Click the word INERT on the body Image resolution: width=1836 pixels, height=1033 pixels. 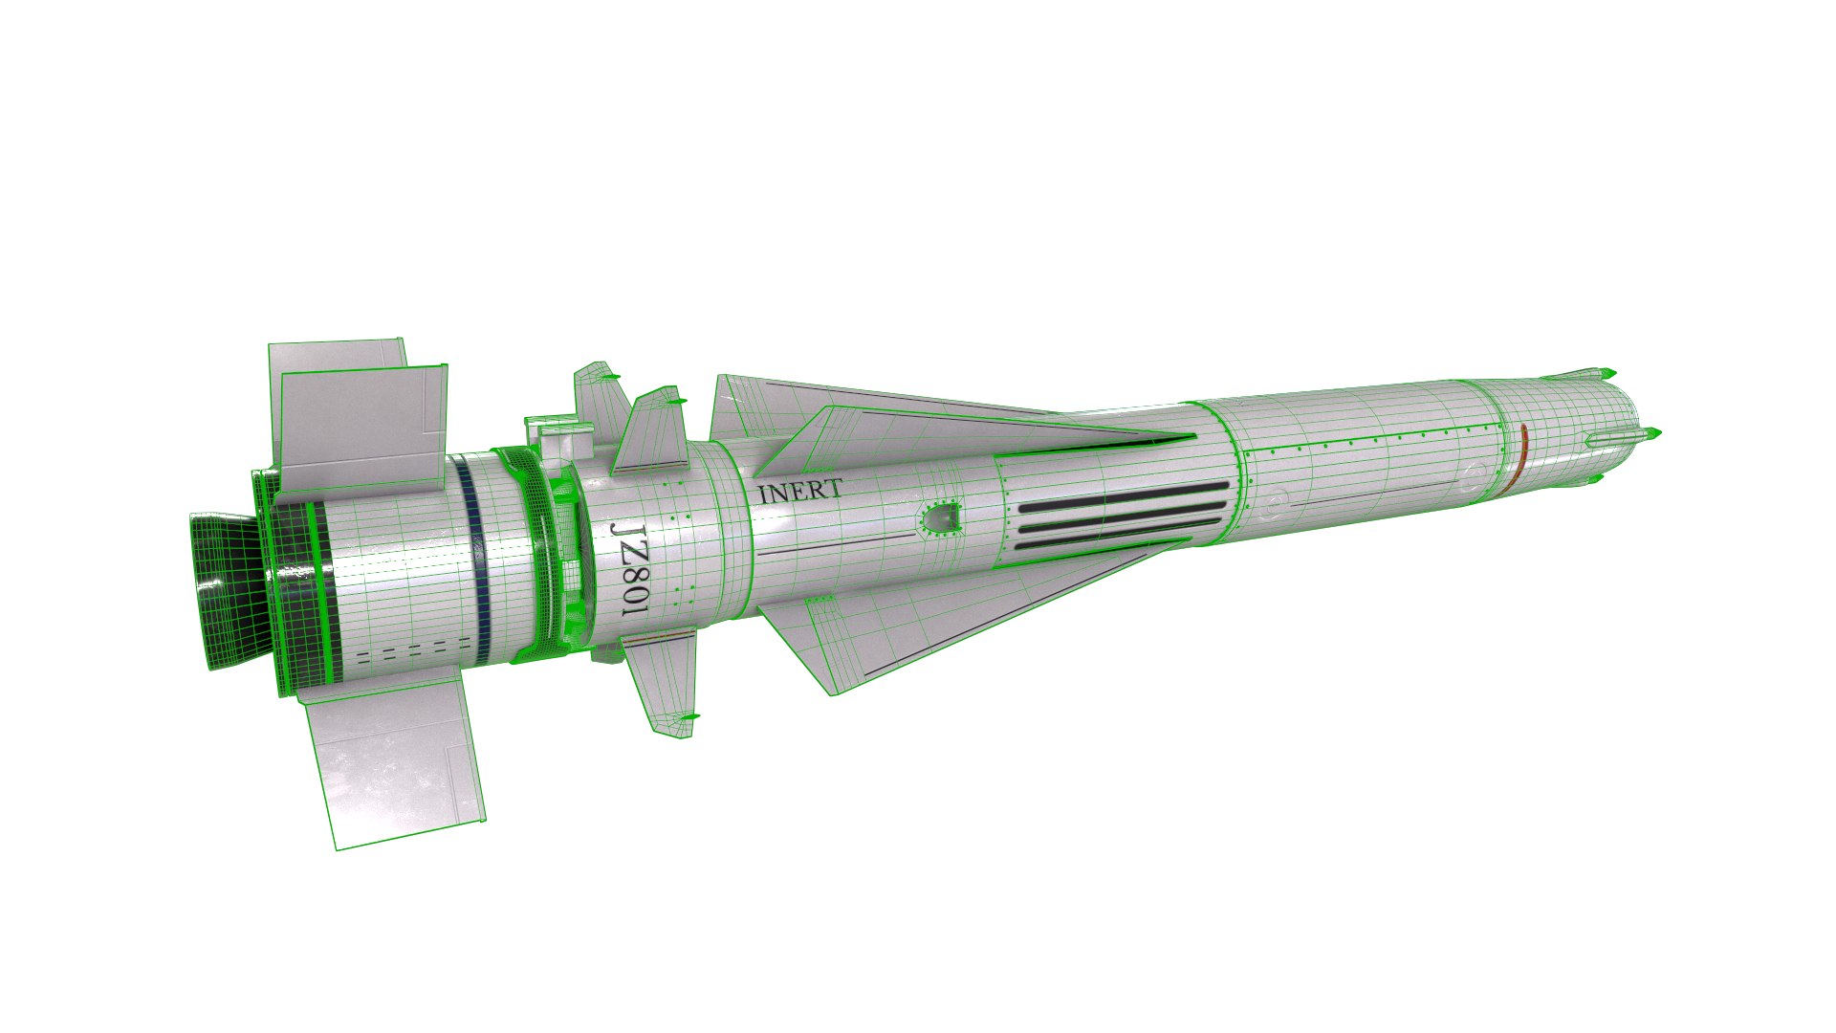[x=799, y=492]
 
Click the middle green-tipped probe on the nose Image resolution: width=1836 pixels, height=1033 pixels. [x=1650, y=435]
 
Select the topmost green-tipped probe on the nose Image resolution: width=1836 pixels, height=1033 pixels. [x=1608, y=372]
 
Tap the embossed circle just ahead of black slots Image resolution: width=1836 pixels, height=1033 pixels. [x=1274, y=501]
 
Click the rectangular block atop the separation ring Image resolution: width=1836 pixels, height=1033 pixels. [x=559, y=441]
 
